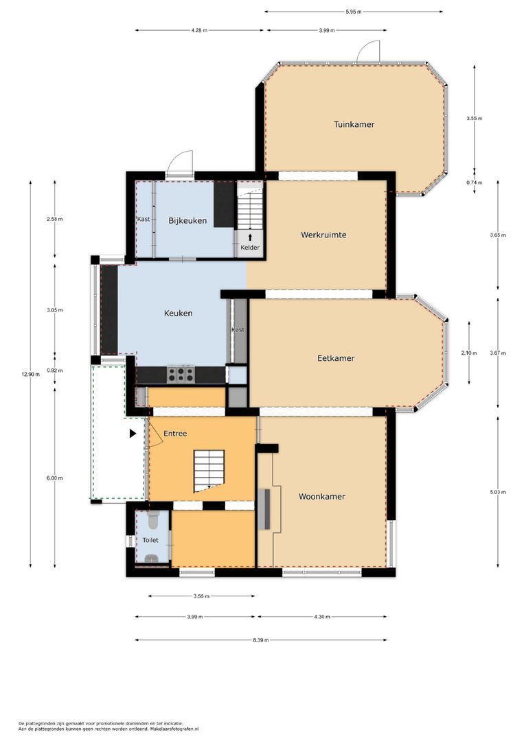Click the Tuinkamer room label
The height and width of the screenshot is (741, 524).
[x=354, y=124]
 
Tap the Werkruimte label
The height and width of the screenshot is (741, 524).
[x=323, y=235]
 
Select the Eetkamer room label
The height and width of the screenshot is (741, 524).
[x=336, y=358]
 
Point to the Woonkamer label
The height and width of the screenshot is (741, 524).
[x=321, y=496]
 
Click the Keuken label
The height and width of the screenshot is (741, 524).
[x=179, y=313]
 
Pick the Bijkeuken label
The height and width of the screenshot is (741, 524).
[x=187, y=221]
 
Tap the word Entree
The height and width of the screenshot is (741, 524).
[x=175, y=434]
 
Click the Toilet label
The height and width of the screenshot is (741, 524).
[x=150, y=540]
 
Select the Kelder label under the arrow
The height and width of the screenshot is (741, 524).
[x=250, y=247]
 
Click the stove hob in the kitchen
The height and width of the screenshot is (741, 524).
[x=181, y=375]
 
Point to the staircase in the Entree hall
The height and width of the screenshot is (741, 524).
[x=209, y=471]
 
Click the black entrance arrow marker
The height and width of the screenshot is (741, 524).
[x=133, y=433]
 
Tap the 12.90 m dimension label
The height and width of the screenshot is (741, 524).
[x=31, y=374]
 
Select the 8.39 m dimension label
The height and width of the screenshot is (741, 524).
[x=260, y=640]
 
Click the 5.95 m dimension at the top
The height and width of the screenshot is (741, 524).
[x=353, y=12]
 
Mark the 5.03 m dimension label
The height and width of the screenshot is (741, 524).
[x=498, y=492]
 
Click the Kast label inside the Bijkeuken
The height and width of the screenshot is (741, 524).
[x=144, y=219]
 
